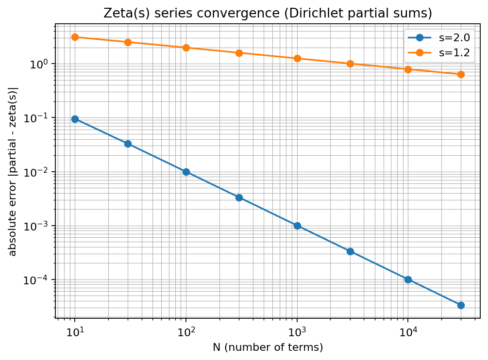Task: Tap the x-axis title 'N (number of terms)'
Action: click(268, 347)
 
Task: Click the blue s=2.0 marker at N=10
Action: click(75, 119)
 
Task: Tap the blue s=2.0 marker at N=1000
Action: click(297, 226)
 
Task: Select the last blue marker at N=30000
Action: click(461, 305)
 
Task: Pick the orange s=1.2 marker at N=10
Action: click(75, 37)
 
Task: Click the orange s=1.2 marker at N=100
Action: click(186, 48)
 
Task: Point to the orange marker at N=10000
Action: click(408, 69)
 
